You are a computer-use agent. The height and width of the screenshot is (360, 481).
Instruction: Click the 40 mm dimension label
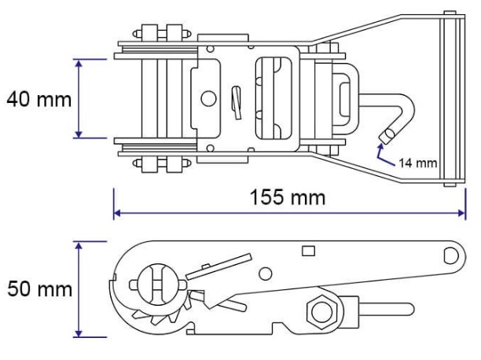[39, 100]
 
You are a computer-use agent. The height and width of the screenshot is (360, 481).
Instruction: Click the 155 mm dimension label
[288, 197]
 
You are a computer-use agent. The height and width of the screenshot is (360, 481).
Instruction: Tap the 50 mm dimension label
[39, 288]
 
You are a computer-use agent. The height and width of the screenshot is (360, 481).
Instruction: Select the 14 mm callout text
[418, 163]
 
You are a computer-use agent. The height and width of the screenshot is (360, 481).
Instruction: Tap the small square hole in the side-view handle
[308, 251]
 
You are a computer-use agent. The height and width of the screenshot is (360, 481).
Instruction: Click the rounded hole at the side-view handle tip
[451, 255]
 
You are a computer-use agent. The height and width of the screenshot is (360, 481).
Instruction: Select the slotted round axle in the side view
[158, 284]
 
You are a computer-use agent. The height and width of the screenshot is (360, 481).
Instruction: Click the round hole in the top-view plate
[208, 98]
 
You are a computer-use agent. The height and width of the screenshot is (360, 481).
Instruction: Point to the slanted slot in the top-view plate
[236, 103]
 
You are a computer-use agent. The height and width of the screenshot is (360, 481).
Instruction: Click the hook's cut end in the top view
[387, 136]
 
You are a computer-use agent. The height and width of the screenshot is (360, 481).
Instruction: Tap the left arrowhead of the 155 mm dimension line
[116, 213]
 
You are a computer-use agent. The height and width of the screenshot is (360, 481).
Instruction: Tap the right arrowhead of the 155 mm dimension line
[462, 213]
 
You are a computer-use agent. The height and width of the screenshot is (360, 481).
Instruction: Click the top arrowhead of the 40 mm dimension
[79, 63]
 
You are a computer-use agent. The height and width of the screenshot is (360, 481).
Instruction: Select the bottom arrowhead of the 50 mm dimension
[79, 333]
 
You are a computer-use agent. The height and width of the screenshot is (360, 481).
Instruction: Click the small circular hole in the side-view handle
[266, 274]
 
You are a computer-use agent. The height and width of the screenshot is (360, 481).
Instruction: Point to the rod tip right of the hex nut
[409, 309]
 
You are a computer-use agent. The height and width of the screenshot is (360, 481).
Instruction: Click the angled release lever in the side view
[218, 266]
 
